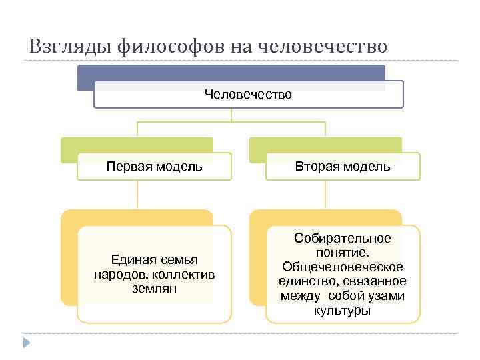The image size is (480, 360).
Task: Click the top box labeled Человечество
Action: tap(248, 95)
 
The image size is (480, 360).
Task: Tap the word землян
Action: tap(155, 289)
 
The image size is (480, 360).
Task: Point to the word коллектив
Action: tap(188, 274)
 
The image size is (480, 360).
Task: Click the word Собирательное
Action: tap(343, 239)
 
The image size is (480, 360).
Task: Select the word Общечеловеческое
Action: tap(343, 267)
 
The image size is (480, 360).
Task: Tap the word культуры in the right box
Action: tap(343, 311)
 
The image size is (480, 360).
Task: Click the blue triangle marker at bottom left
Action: tap(26, 343)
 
